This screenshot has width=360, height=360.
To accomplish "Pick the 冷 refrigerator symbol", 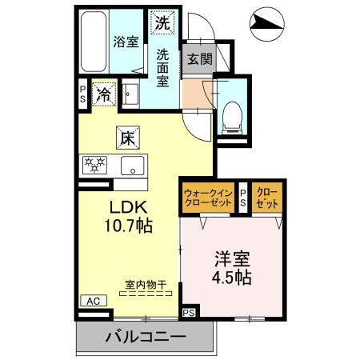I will point(103,94).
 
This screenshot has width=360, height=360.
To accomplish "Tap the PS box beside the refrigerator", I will point(83,93).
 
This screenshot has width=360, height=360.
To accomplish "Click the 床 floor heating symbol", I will point(126,138).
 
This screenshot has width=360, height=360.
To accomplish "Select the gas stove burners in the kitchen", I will point(97,166).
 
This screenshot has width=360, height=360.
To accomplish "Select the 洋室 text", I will point(233,259).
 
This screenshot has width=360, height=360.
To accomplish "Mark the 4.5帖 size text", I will point(233,278).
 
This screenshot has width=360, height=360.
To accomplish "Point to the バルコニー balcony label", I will point(146,337).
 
